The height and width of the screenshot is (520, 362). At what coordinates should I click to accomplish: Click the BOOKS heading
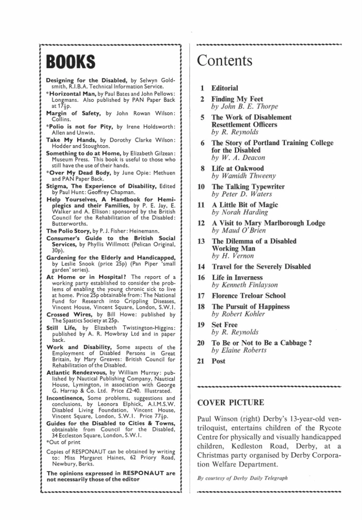[x=71, y=62]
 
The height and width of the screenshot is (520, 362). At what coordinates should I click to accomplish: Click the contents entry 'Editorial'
[x=224, y=88]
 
